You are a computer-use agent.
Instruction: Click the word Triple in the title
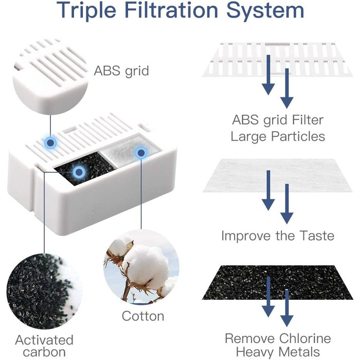click(x=86, y=11)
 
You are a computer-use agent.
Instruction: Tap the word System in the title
click(x=265, y=11)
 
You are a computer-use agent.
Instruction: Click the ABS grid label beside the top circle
click(x=121, y=71)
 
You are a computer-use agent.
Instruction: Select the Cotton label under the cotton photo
click(x=143, y=316)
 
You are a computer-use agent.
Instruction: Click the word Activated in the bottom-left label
click(x=44, y=339)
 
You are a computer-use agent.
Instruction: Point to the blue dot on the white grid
click(x=50, y=143)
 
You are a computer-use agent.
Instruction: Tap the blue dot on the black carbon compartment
click(x=79, y=172)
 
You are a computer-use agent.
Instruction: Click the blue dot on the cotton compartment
click(x=141, y=153)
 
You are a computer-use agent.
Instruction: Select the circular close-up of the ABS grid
click(x=50, y=77)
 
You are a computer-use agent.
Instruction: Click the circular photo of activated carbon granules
click(x=44, y=291)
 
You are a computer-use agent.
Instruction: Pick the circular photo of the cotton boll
click(x=141, y=267)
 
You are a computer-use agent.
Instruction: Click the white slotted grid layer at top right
click(x=277, y=60)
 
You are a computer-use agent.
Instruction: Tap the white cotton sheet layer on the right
click(x=277, y=175)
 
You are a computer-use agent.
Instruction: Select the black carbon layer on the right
click(x=277, y=283)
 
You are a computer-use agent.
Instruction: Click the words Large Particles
click(x=278, y=136)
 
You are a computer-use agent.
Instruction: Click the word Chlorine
click(x=305, y=338)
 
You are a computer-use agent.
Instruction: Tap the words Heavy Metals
click(x=278, y=352)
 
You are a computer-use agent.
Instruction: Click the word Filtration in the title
click(x=171, y=11)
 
